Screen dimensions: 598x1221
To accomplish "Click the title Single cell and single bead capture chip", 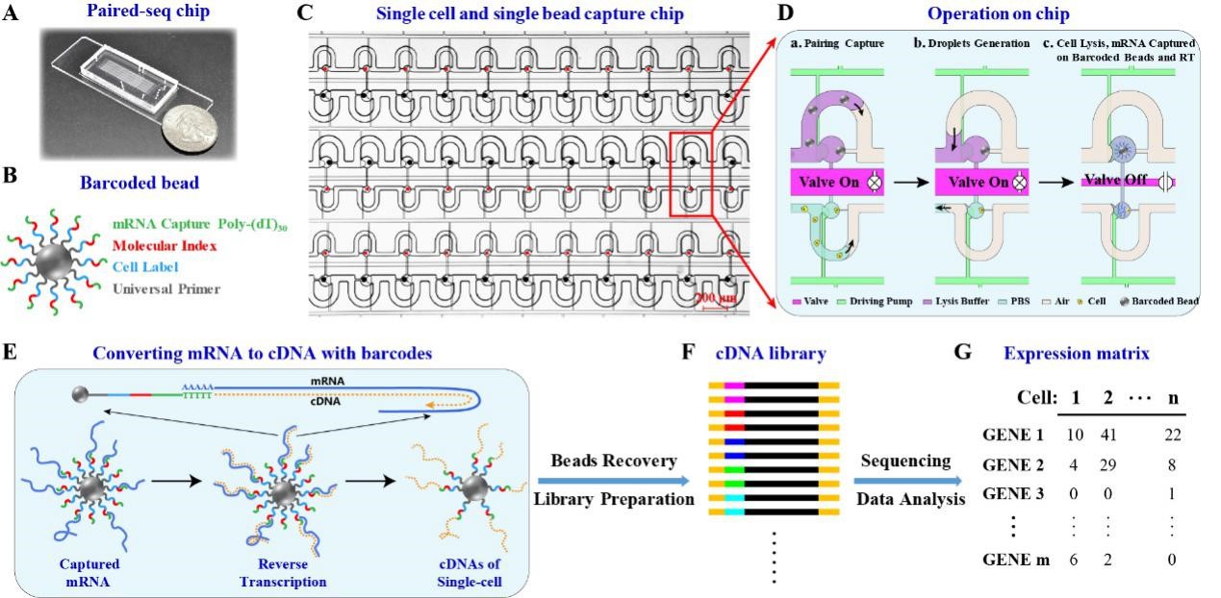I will click(529, 14).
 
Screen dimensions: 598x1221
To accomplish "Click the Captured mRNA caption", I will click(81, 574).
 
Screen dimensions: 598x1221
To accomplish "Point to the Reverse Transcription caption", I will click(283, 574).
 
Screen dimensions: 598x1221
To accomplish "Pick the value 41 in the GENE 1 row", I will click(1107, 435).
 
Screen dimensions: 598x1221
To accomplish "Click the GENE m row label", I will click(1010, 561).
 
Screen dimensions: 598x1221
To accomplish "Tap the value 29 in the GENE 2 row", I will click(1107, 466).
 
